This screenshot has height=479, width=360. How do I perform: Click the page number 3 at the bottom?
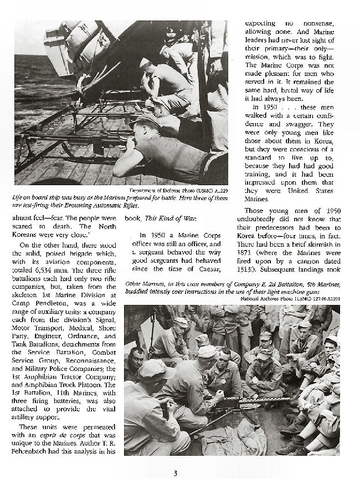point(176,472)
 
